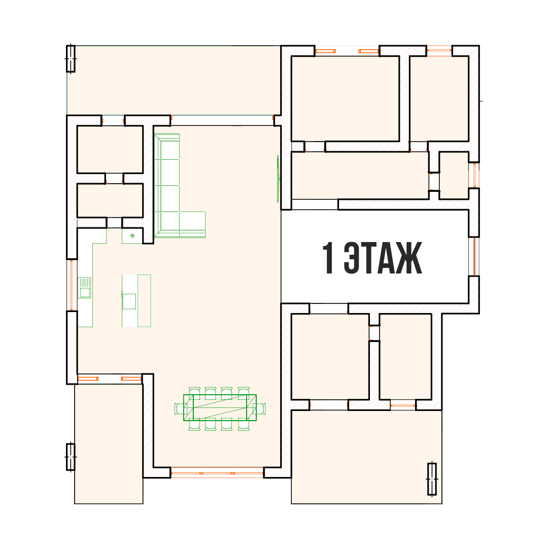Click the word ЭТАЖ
click(x=383, y=258)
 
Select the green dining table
click(x=220, y=407)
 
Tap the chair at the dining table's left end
click(x=179, y=408)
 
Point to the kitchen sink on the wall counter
click(x=84, y=288)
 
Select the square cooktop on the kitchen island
click(x=129, y=301)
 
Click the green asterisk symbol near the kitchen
click(x=132, y=236)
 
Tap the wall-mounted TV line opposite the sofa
click(x=278, y=179)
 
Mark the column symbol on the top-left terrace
click(x=71, y=58)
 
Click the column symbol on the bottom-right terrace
click(x=432, y=479)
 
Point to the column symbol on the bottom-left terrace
click(x=71, y=457)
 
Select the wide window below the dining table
click(x=217, y=473)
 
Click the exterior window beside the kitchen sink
click(x=72, y=285)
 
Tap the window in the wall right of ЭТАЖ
click(x=474, y=257)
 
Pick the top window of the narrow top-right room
click(x=439, y=51)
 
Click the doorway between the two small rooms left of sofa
click(x=114, y=178)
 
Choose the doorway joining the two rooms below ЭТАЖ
click(x=374, y=333)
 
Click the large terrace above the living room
click(x=174, y=80)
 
